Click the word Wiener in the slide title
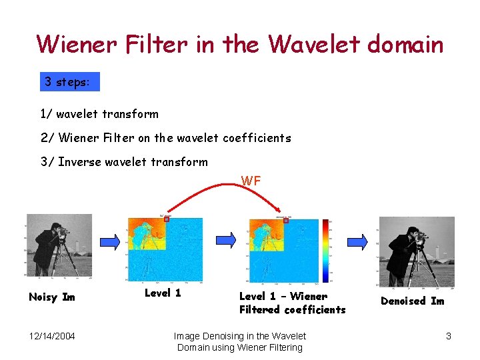(x=74, y=45)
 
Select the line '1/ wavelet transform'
(x=99, y=114)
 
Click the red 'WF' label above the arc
(x=251, y=181)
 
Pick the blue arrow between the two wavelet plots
(x=225, y=239)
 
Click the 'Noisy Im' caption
(x=52, y=297)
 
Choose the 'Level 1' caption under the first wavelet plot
(x=163, y=293)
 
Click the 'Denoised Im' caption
(x=412, y=301)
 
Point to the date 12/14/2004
(x=52, y=336)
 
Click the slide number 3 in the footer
(x=449, y=336)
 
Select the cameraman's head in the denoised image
(x=413, y=232)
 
